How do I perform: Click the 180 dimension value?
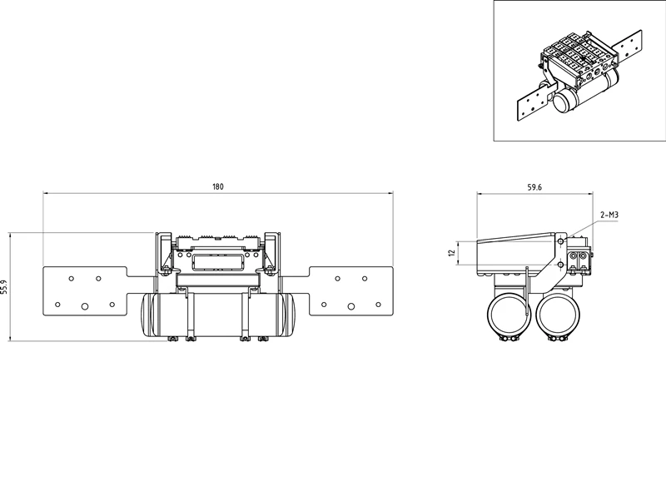coord(217,186)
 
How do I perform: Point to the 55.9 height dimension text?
coord(4,287)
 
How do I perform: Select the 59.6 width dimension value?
coord(534,187)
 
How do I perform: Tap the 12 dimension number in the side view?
coord(451,252)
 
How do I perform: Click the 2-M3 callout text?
coord(609,215)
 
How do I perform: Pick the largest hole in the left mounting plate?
coord(85,306)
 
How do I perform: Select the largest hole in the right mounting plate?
coord(350,306)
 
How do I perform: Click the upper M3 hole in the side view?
coord(560,241)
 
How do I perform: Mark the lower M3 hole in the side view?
coord(560,265)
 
